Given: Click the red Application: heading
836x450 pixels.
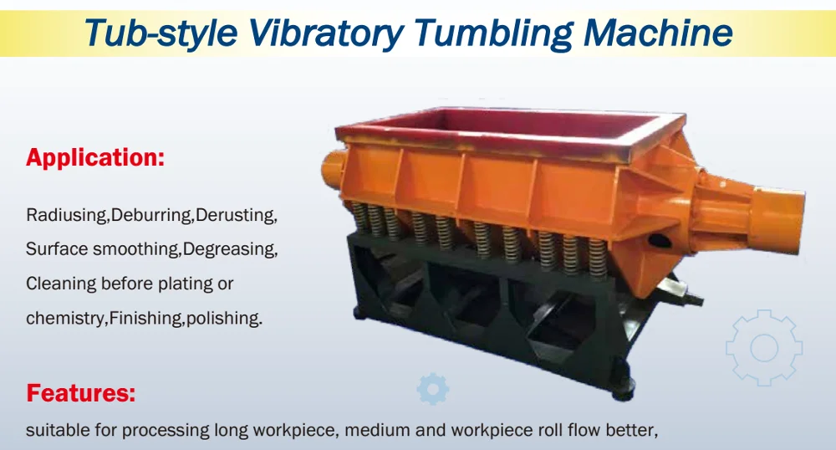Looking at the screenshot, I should pos(95,156).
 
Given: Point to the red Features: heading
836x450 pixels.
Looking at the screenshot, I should pos(81,392).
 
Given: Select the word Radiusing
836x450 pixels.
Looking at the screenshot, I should pos(67,215).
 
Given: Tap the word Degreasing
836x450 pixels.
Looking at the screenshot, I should pos(230,249).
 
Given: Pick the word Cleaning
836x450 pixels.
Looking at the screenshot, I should pos(60,284).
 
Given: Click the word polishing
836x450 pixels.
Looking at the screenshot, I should pos(224,318).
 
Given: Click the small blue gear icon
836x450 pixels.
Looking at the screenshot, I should pos(433,389).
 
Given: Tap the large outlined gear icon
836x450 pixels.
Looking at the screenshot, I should pos(763,348).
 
